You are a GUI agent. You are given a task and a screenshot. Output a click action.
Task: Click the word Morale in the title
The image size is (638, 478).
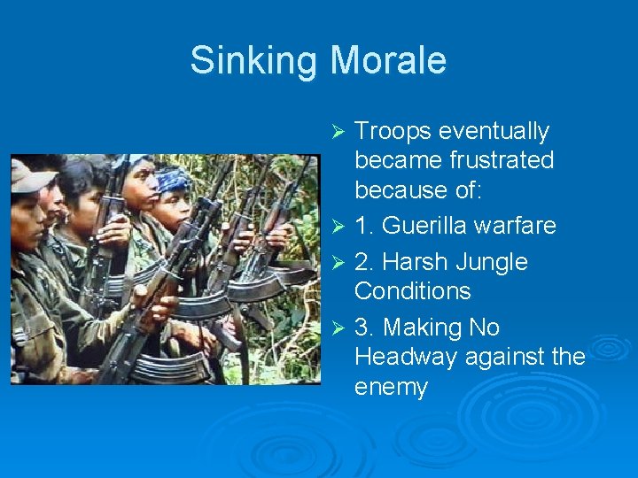point(388,61)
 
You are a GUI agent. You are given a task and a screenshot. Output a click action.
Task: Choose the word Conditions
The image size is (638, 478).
point(413,291)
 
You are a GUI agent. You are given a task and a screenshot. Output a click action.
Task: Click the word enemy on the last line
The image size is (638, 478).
point(391,387)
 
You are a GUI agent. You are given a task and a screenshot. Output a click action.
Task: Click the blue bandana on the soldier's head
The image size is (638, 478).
point(174,180)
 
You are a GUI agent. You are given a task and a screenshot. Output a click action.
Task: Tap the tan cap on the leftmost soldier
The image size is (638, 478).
point(29,177)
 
